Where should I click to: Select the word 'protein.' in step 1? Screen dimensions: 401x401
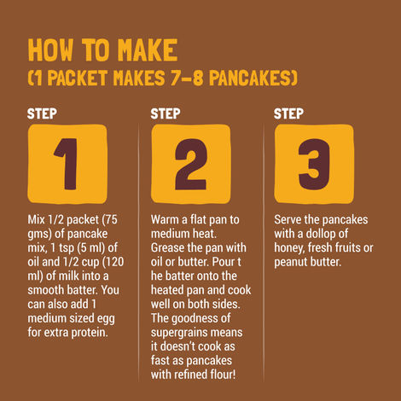109,331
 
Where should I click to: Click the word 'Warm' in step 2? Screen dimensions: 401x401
166,221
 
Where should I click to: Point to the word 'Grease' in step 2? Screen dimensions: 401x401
170,248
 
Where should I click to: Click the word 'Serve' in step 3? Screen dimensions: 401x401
290,221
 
